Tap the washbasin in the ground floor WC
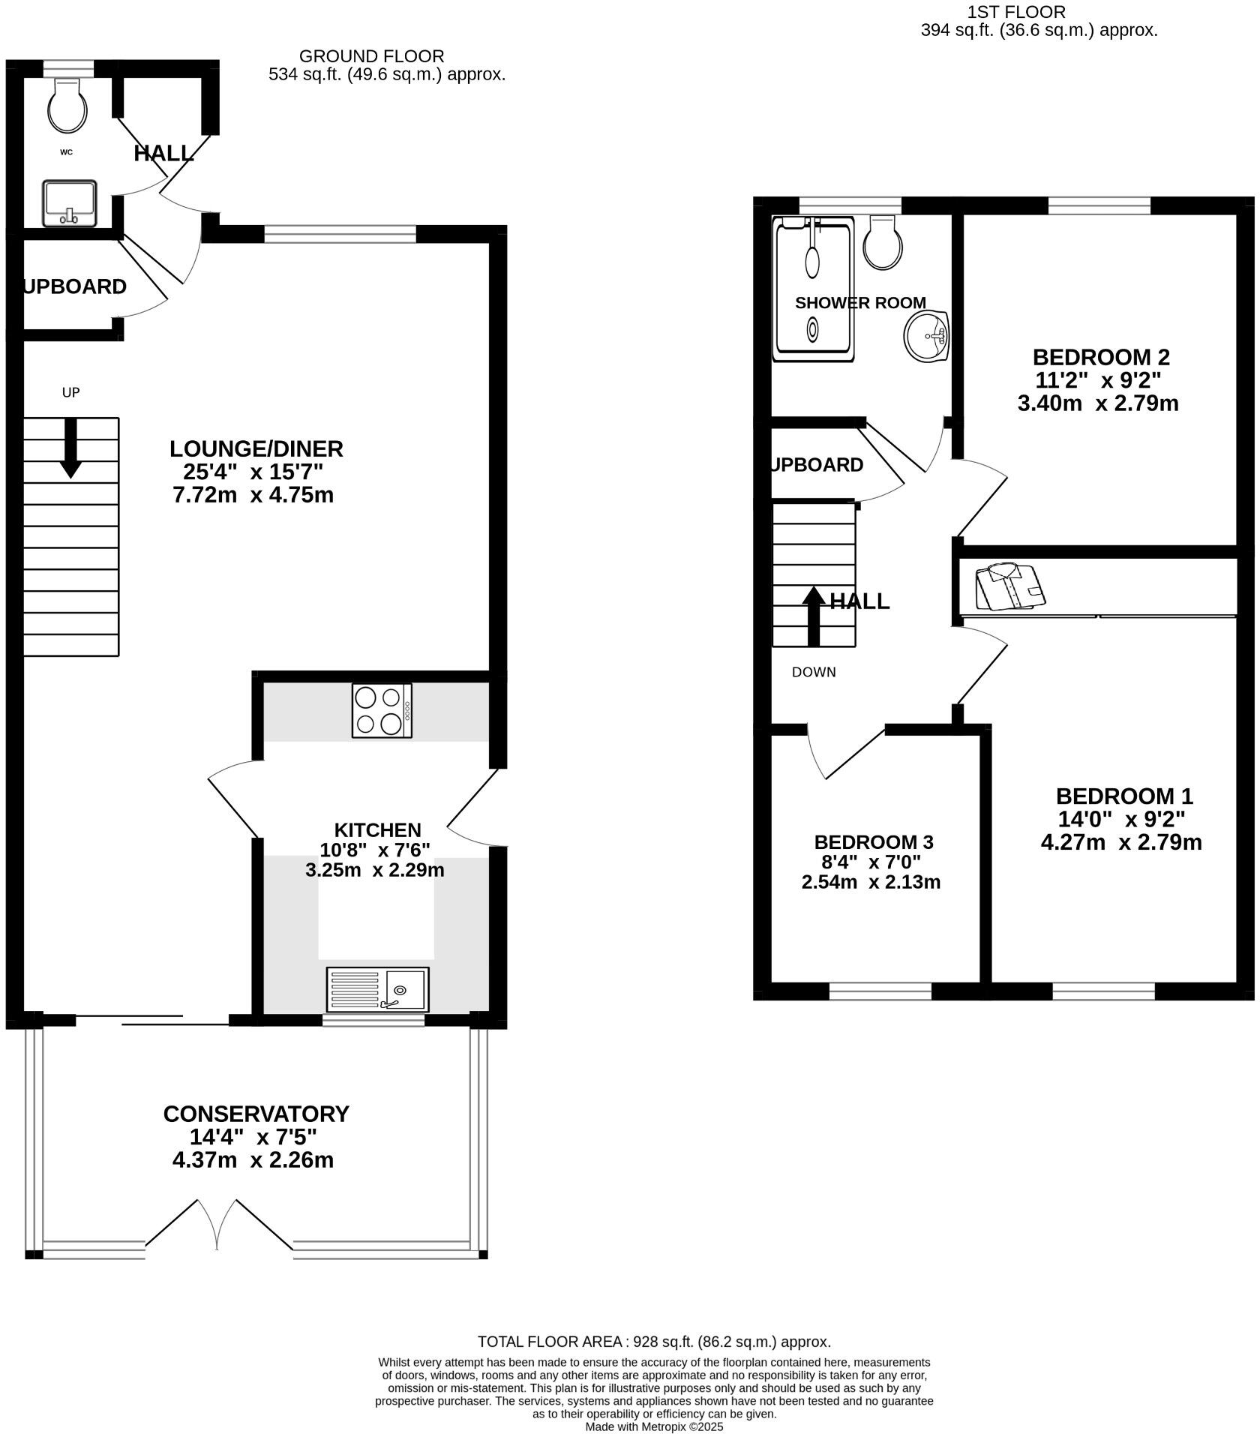pos(69,202)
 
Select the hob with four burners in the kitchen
pos(382,709)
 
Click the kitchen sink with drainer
pos(377,988)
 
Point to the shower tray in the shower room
pos(814,289)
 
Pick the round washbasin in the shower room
pos(927,335)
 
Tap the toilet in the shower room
pos(883,243)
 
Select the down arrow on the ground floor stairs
pos(71,448)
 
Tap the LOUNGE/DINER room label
pos(256,448)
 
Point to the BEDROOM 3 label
pos(874,842)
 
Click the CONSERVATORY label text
pos(256,1114)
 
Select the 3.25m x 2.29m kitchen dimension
pos(374,870)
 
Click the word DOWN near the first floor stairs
pos(814,672)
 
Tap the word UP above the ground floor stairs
pos(70,392)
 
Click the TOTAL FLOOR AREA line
pos(654,1342)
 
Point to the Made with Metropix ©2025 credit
pos(654,1426)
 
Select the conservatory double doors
pos(217,1225)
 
